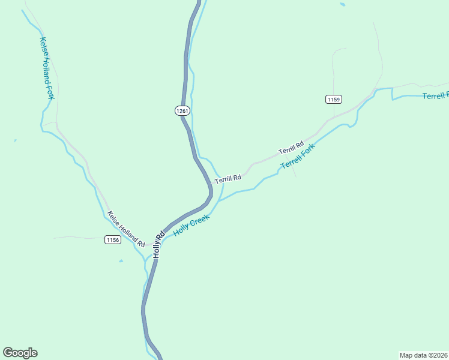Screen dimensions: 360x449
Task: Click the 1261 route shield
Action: (x=182, y=110)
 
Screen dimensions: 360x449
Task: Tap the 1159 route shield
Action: (x=334, y=99)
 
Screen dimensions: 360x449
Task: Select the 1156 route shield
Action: (x=113, y=239)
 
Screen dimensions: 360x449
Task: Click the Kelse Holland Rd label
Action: (x=126, y=229)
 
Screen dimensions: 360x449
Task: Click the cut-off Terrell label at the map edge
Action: (x=435, y=96)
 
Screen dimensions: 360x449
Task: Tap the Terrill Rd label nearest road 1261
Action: (x=228, y=178)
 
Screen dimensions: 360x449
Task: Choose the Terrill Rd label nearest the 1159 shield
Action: (x=291, y=147)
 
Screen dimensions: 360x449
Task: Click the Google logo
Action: (x=20, y=353)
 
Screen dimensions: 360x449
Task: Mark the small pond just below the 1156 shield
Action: (x=121, y=261)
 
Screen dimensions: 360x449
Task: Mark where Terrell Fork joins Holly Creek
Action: (x=218, y=201)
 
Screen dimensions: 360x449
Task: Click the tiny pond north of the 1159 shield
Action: (x=342, y=5)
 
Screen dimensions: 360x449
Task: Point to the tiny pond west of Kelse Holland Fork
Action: (x=15, y=141)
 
